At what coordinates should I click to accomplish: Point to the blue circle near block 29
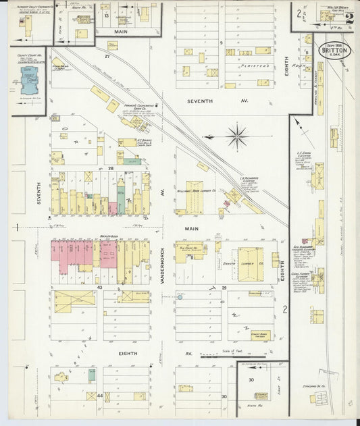coord(180,296)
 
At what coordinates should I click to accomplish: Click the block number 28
coord(110,167)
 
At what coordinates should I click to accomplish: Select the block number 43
coord(99,288)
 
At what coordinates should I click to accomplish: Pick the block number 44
coord(100,395)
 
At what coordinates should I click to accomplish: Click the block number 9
coord(220,43)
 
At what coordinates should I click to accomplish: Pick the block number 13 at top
coord(106,14)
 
